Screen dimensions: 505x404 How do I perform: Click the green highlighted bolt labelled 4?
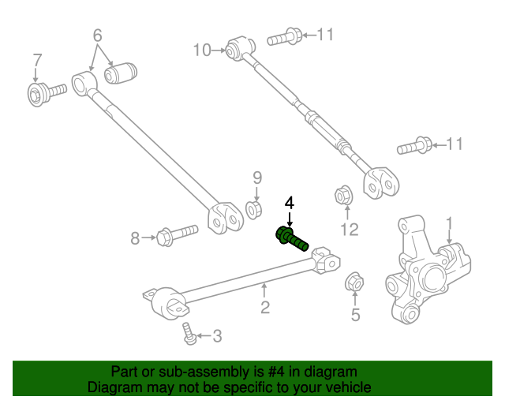(291, 239)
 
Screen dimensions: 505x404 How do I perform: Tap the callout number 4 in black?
(290, 204)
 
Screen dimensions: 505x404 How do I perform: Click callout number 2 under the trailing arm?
(265, 308)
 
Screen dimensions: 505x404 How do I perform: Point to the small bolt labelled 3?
(189, 334)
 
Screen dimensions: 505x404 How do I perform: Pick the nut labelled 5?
(354, 282)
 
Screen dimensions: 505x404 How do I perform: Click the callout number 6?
(97, 36)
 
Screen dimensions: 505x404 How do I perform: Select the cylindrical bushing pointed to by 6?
(121, 73)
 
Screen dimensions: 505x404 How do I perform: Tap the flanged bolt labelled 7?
(47, 93)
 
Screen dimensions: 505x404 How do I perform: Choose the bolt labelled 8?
(177, 235)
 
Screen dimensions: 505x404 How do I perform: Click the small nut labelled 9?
(254, 210)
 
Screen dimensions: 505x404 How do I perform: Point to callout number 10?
(202, 50)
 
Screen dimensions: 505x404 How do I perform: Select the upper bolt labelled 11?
(285, 37)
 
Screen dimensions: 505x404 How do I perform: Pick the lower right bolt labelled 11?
(414, 146)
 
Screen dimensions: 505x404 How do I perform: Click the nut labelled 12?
(344, 195)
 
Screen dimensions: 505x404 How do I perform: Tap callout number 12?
(349, 230)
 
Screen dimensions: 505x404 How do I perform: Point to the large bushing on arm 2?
(168, 304)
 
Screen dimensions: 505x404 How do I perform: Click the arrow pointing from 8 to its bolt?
(148, 238)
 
